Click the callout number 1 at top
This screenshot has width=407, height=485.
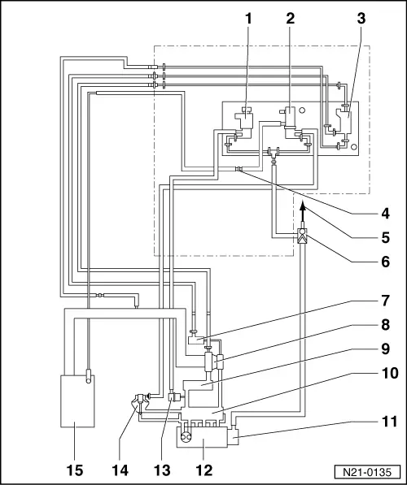[248, 19]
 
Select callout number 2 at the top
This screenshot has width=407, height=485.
[290, 19]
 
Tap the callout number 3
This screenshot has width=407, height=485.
[361, 19]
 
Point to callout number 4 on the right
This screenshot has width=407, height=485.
[385, 214]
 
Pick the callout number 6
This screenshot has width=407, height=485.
[385, 262]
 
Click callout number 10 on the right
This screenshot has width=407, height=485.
[390, 374]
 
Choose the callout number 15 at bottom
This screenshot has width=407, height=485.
[75, 470]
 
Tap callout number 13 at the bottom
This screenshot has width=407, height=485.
[162, 470]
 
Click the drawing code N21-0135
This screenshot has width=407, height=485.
[367, 472]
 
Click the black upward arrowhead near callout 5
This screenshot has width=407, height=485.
[303, 205]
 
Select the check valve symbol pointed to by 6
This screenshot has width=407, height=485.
[302, 236]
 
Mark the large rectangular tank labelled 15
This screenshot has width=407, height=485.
[77, 401]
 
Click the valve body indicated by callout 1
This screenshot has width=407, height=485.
[244, 119]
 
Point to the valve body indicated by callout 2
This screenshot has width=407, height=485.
[290, 117]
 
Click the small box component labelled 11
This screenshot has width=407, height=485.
[233, 435]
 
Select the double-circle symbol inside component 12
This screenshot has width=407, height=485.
[186, 437]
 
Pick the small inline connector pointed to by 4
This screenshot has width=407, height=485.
[239, 169]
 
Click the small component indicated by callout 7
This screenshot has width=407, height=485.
[195, 338]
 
